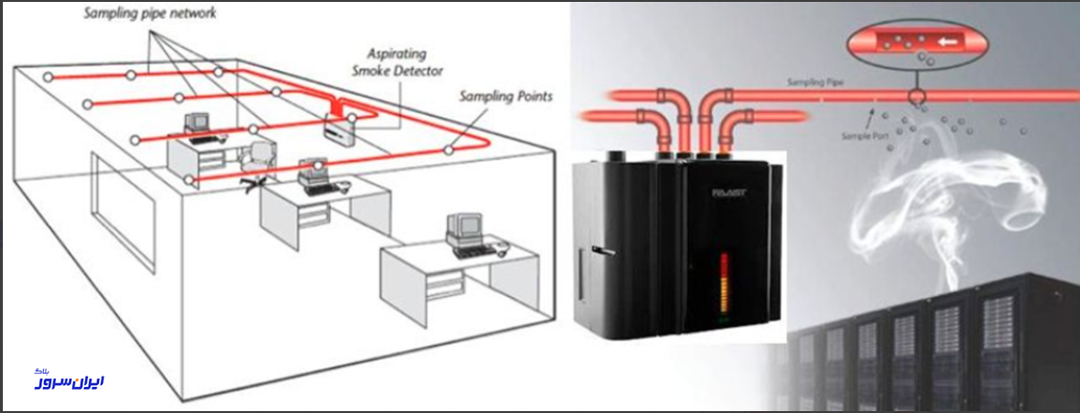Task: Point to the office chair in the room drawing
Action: pyautogui.click(x=257, y=164)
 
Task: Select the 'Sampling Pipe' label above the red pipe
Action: pyautogui.click(x=814, y=83)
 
